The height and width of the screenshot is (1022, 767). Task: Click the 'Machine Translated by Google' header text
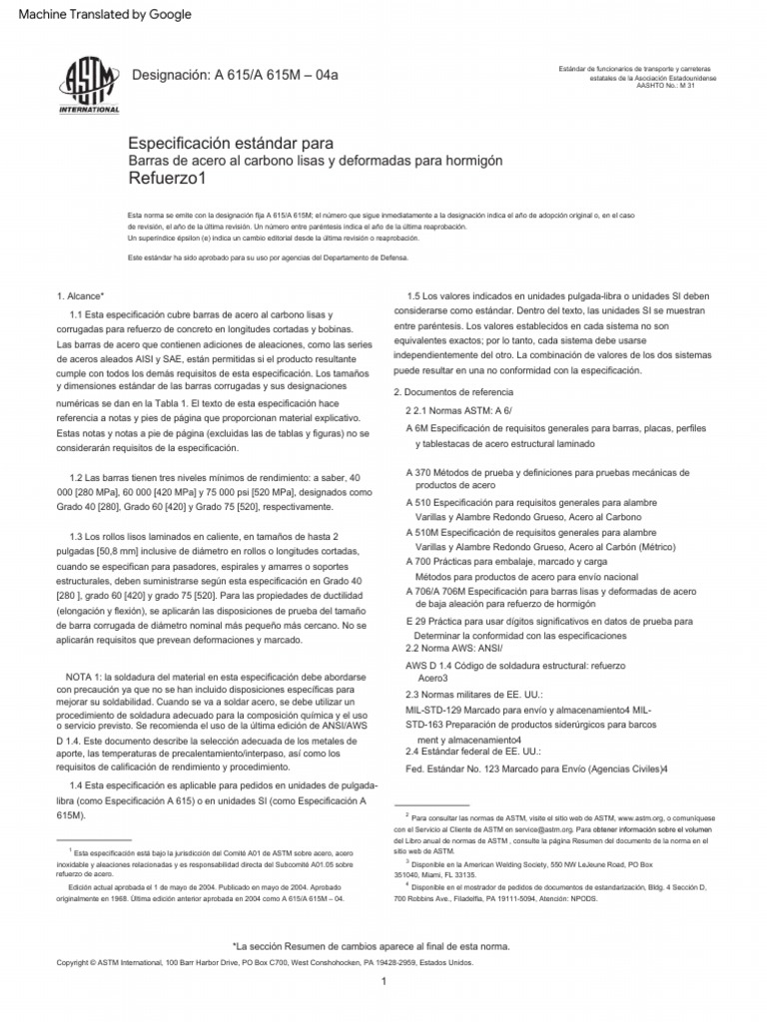tap(98, 15)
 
